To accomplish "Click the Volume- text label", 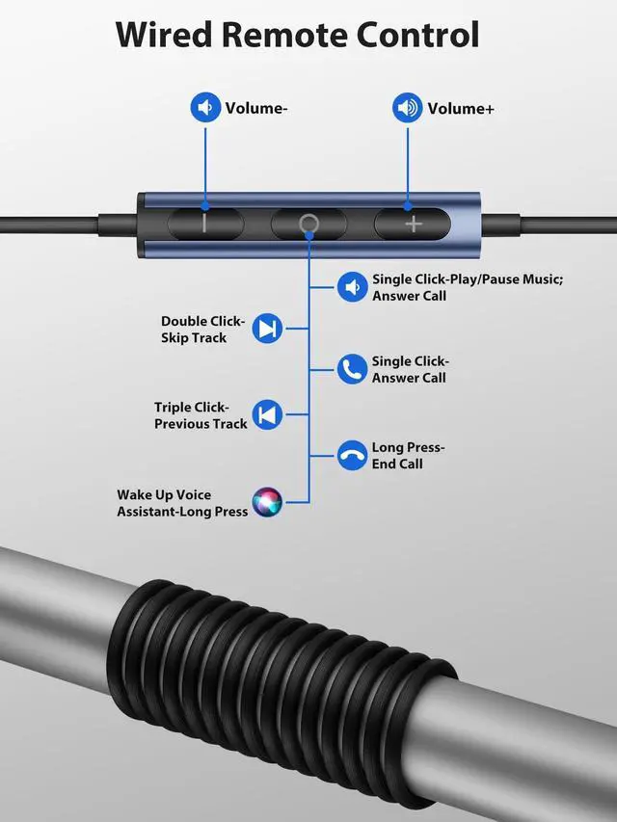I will (x=256, y=108).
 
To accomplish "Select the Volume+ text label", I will (x=461, y=109).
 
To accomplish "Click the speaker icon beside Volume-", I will (x=205, y=107).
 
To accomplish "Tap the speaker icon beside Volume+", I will (x=407, y=108).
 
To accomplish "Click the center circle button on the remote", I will (x=308, y=224).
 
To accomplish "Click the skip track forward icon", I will (x=267, y=329).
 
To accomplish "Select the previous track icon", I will (x=267, y=414).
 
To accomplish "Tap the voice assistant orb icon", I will (x=267, y=502).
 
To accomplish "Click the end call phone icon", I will (x=352, y=455).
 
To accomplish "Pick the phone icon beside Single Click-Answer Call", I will (x=352, y=369).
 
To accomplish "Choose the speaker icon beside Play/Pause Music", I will (x=352, y=287).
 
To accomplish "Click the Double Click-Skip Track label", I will (x=202, y=330).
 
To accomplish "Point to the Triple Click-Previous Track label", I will (x=201, y=415).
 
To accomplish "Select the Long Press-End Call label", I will (x=408, y=456).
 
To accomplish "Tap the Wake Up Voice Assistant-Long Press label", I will (x=182, y=503).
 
